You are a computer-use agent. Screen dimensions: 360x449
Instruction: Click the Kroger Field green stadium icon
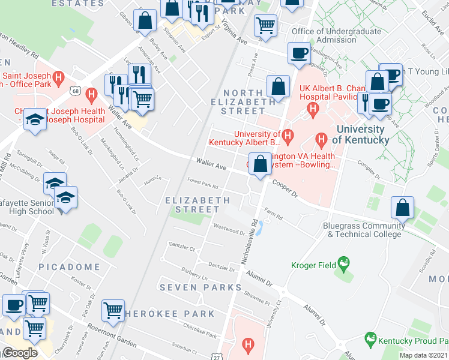pyautogui.click(x=343, y=263)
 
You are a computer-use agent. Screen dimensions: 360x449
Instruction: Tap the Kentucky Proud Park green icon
pyautogui.click(x=370, y=340)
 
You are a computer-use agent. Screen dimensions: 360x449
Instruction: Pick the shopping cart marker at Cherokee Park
pyautogui.click(x=113, y=310)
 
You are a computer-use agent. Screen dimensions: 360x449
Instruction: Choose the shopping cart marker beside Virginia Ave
pyautogui.click(x=265, y=25)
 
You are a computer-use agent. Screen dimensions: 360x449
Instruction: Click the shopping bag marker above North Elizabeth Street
pyautogui.click(x=278, y=86)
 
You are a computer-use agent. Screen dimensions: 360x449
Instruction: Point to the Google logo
pyautogui.click(x=19, y=352)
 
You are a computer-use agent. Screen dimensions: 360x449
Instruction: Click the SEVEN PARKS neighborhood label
pyautogui.click(x=192, y=287)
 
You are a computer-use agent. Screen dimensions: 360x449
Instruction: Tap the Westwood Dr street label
pyautogui.click(x=229, y=229)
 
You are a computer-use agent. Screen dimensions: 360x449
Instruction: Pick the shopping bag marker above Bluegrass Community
pyautogui.click(x=402, y=208)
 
